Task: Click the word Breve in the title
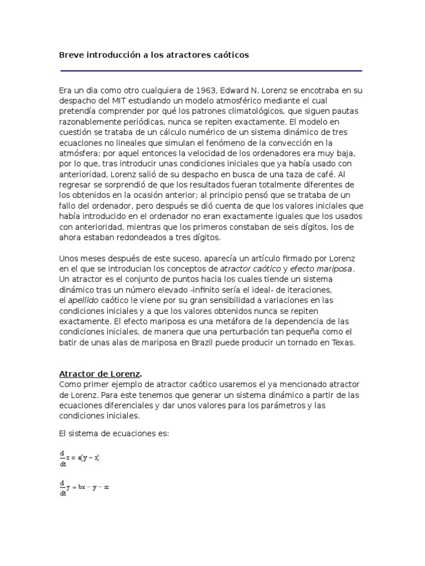[x=71, y=55]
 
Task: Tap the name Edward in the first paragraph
[x=238, y=90]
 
